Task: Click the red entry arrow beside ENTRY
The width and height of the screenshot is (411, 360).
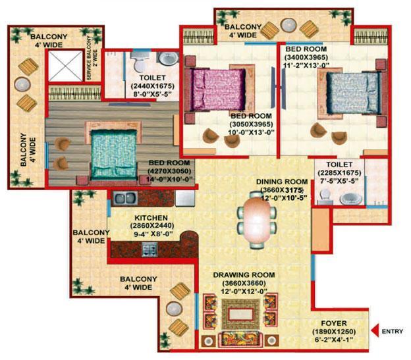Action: point(375,330)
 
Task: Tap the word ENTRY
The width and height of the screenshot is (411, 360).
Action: point(393,331)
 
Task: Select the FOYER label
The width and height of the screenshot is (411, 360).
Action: point(334,323)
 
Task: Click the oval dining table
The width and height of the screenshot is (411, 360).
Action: point(257,220)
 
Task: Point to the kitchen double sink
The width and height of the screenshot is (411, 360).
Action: point(125,198)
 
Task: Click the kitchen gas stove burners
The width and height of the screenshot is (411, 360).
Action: point(150,249)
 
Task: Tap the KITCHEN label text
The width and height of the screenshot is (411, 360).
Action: point(151,218)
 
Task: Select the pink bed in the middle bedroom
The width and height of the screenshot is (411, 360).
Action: point(219,90)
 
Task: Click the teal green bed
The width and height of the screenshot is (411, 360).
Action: point(113,154)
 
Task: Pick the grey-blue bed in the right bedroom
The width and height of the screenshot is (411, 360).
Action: point(353,93)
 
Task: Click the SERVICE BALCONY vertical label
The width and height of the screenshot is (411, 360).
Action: point(92,58)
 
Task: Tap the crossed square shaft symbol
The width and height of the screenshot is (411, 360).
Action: point(65,66)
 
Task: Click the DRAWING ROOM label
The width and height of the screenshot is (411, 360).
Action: point(244,275)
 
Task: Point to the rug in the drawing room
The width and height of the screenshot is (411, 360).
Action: point(241,314)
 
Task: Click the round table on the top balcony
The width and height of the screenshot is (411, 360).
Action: point(288,25)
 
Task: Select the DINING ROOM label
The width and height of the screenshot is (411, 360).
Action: point(282,182)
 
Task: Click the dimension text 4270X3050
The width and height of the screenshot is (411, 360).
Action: point(169,171)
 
